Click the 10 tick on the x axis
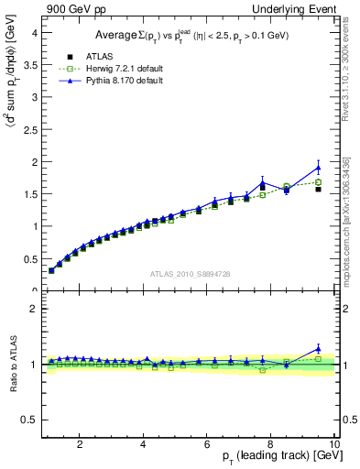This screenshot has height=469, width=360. pos(334,444)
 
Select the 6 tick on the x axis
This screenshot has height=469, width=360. pos(207,444)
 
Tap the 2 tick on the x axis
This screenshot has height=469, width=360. pos(81,444)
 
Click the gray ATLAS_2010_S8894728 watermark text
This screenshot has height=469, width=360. pos(190,274)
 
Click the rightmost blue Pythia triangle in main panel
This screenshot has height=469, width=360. pos(318,168)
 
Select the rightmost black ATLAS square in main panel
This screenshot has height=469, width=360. pos(318,190)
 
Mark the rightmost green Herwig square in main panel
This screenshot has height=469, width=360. pos(318,182)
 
